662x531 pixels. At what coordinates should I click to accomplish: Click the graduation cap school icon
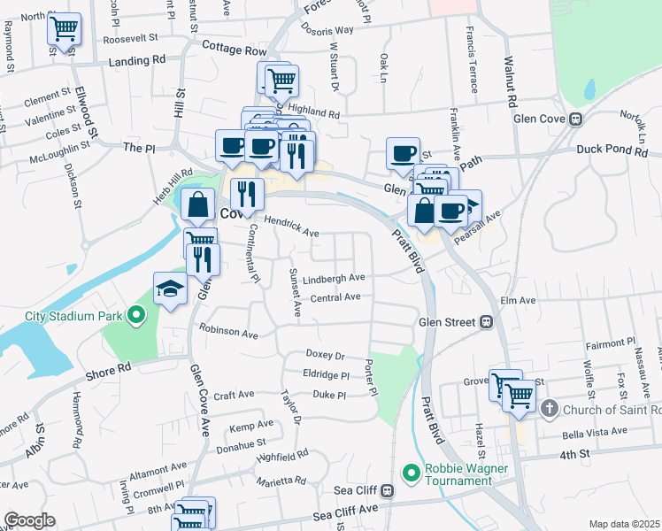[x=171, y=288]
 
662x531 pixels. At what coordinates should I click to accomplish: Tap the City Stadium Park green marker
[x=135, y=314]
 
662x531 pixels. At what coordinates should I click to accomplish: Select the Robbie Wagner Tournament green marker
[x=411, y=473]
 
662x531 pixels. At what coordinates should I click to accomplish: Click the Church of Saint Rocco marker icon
[x=549, y=409]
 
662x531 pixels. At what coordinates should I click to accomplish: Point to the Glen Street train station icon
[x=486, y=323]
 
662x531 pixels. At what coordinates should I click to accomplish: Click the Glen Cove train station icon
[x=575, y=119]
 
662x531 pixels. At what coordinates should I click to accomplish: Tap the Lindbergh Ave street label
[x=334, y=278]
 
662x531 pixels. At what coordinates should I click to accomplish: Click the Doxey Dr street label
[x=325, y=354]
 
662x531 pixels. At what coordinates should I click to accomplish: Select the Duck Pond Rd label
[x=612, y=151]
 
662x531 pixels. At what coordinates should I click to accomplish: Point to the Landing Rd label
[x=137, y=60]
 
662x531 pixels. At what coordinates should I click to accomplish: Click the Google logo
[x=29, y=520]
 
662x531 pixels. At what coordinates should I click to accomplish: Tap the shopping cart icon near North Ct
[x=64, y=28]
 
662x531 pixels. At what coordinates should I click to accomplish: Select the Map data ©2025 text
[x=624, y=524]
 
